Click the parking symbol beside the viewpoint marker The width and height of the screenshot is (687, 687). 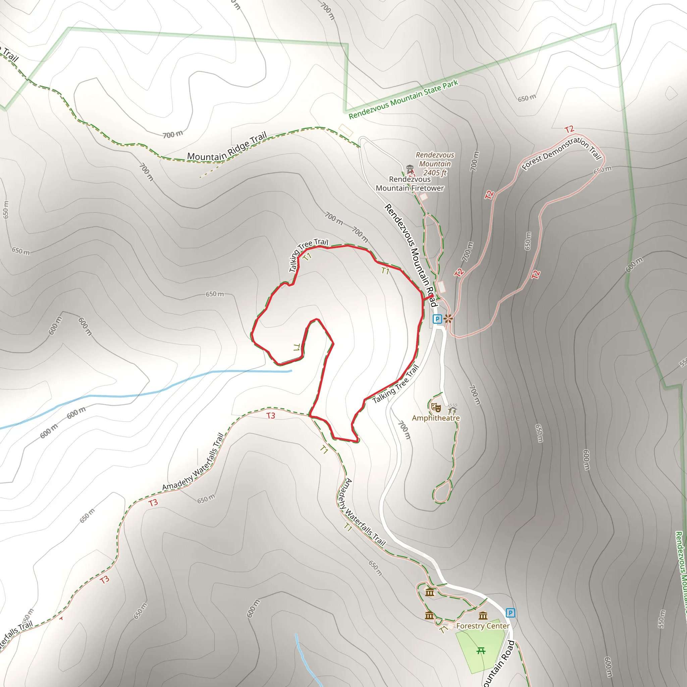(437, 319)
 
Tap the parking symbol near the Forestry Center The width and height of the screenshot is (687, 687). (510, 613)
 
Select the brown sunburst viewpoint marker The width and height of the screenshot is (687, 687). (448, 319)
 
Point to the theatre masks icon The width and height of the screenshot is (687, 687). (436, 407)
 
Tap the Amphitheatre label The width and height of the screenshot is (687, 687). (436, 418)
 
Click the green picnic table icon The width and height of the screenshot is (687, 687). (481, 651)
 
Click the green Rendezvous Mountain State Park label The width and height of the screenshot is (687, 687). (403, 100)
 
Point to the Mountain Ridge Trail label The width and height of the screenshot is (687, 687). (227, 147)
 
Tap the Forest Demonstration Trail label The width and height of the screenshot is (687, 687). (562, 153)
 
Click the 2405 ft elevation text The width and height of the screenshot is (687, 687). (434, 173)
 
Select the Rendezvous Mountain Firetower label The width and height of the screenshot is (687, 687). (410, 184)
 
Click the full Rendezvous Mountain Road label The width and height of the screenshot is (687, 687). (410, 255)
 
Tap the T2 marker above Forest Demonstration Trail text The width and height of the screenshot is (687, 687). (569, 129)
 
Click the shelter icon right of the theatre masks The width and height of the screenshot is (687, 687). (452, 409)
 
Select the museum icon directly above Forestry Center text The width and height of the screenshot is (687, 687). (483, 616)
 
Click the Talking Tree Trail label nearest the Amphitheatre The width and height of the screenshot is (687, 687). (395, 384)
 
